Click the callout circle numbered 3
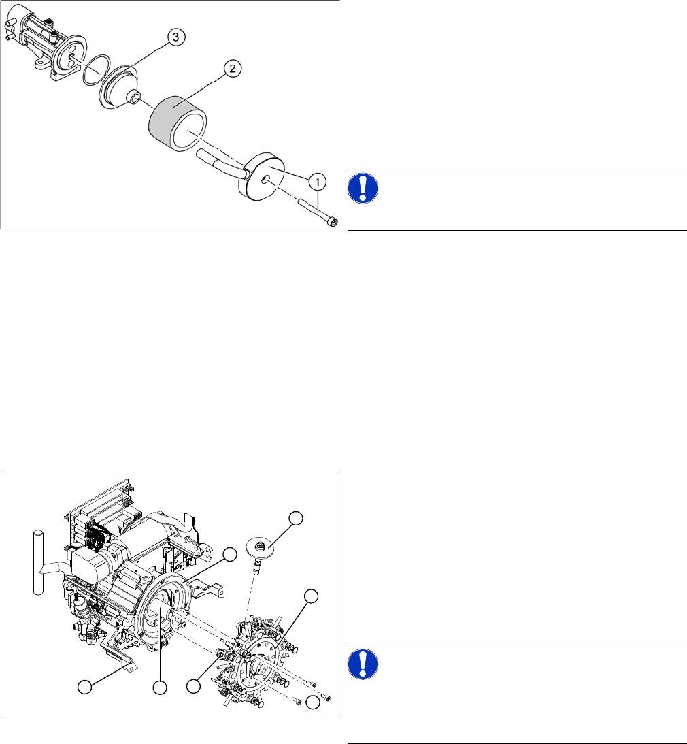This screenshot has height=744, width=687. pos(175,38)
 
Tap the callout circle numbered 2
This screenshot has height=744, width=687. pos(233,68)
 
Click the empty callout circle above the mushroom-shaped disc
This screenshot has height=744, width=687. pos(297,519)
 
